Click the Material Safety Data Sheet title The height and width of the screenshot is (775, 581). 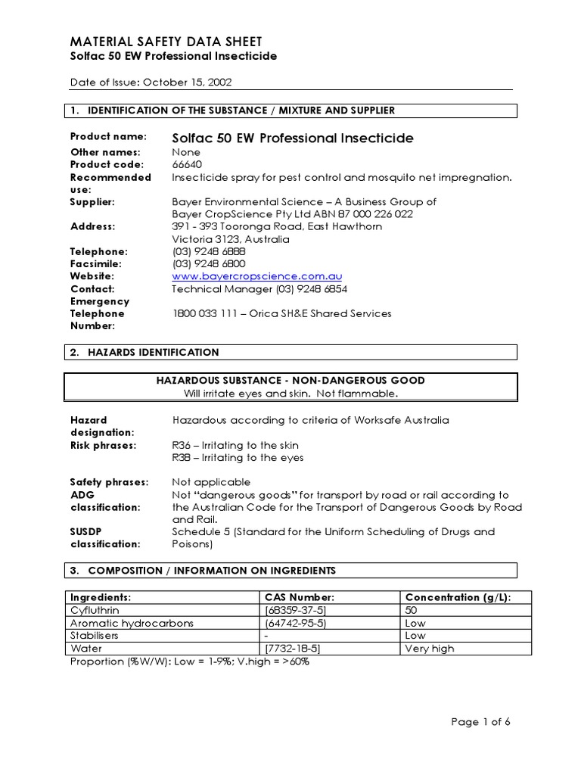coord(166,41)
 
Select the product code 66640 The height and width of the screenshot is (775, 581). coord(187,164)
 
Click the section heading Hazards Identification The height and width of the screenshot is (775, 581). coord(154,352)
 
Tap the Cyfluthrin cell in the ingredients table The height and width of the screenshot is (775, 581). coord(95,610)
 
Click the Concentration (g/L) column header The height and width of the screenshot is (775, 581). coord(458,597)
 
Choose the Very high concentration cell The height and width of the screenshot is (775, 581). coord(429,649)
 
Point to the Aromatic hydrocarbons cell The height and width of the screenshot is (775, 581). coord(132,623)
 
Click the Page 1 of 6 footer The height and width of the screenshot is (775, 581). coord(480,722)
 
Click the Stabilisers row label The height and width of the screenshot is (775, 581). coord(94,636)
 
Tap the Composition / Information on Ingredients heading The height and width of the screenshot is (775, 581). coord(212,570)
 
